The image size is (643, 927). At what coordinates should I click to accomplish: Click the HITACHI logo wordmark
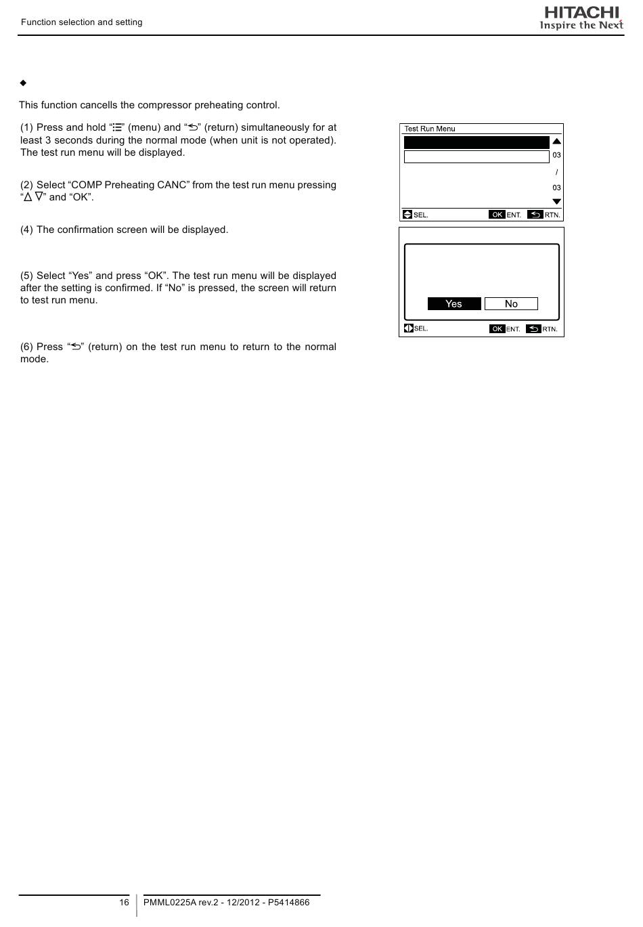click(x=581, y=12)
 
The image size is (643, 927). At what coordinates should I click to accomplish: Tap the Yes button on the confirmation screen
click(x=454, y=304)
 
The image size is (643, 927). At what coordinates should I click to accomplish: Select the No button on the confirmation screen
click(x=511, y=304)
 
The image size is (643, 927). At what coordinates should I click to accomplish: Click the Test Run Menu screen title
click(x=430, y=129)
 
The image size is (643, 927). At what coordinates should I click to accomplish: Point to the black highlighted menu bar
click(x=476, y=142)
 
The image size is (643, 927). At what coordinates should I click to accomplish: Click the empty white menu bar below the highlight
click(x=476, y=157)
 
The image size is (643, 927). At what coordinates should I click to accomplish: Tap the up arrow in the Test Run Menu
click(x=556, y=141)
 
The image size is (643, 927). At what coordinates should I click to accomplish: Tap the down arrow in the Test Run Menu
click(x=556, y=202)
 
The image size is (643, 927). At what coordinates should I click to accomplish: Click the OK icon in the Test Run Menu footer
click(x=497, y=215)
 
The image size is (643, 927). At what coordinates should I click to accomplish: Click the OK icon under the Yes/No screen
click(x=497, y=328)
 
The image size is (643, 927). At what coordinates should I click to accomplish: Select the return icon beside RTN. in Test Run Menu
click(x=535, y=215)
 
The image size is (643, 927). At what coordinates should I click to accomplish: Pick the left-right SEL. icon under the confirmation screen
click(x=408, y=328)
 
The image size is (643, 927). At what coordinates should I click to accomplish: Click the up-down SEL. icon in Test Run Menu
click(x=407, y=215)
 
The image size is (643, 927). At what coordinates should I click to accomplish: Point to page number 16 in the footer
click(x=124, y=902)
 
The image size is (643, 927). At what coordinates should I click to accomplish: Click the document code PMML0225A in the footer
click(x=169, y=902)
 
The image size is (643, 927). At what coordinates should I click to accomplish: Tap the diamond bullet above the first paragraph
click(x=23, y=83)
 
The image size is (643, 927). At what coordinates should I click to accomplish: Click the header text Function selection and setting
click(x=81, y=22)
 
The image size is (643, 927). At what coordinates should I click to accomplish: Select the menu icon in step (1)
click(x=118, y=127)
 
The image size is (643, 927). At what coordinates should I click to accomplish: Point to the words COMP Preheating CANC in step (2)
click(x=129, y=185)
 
